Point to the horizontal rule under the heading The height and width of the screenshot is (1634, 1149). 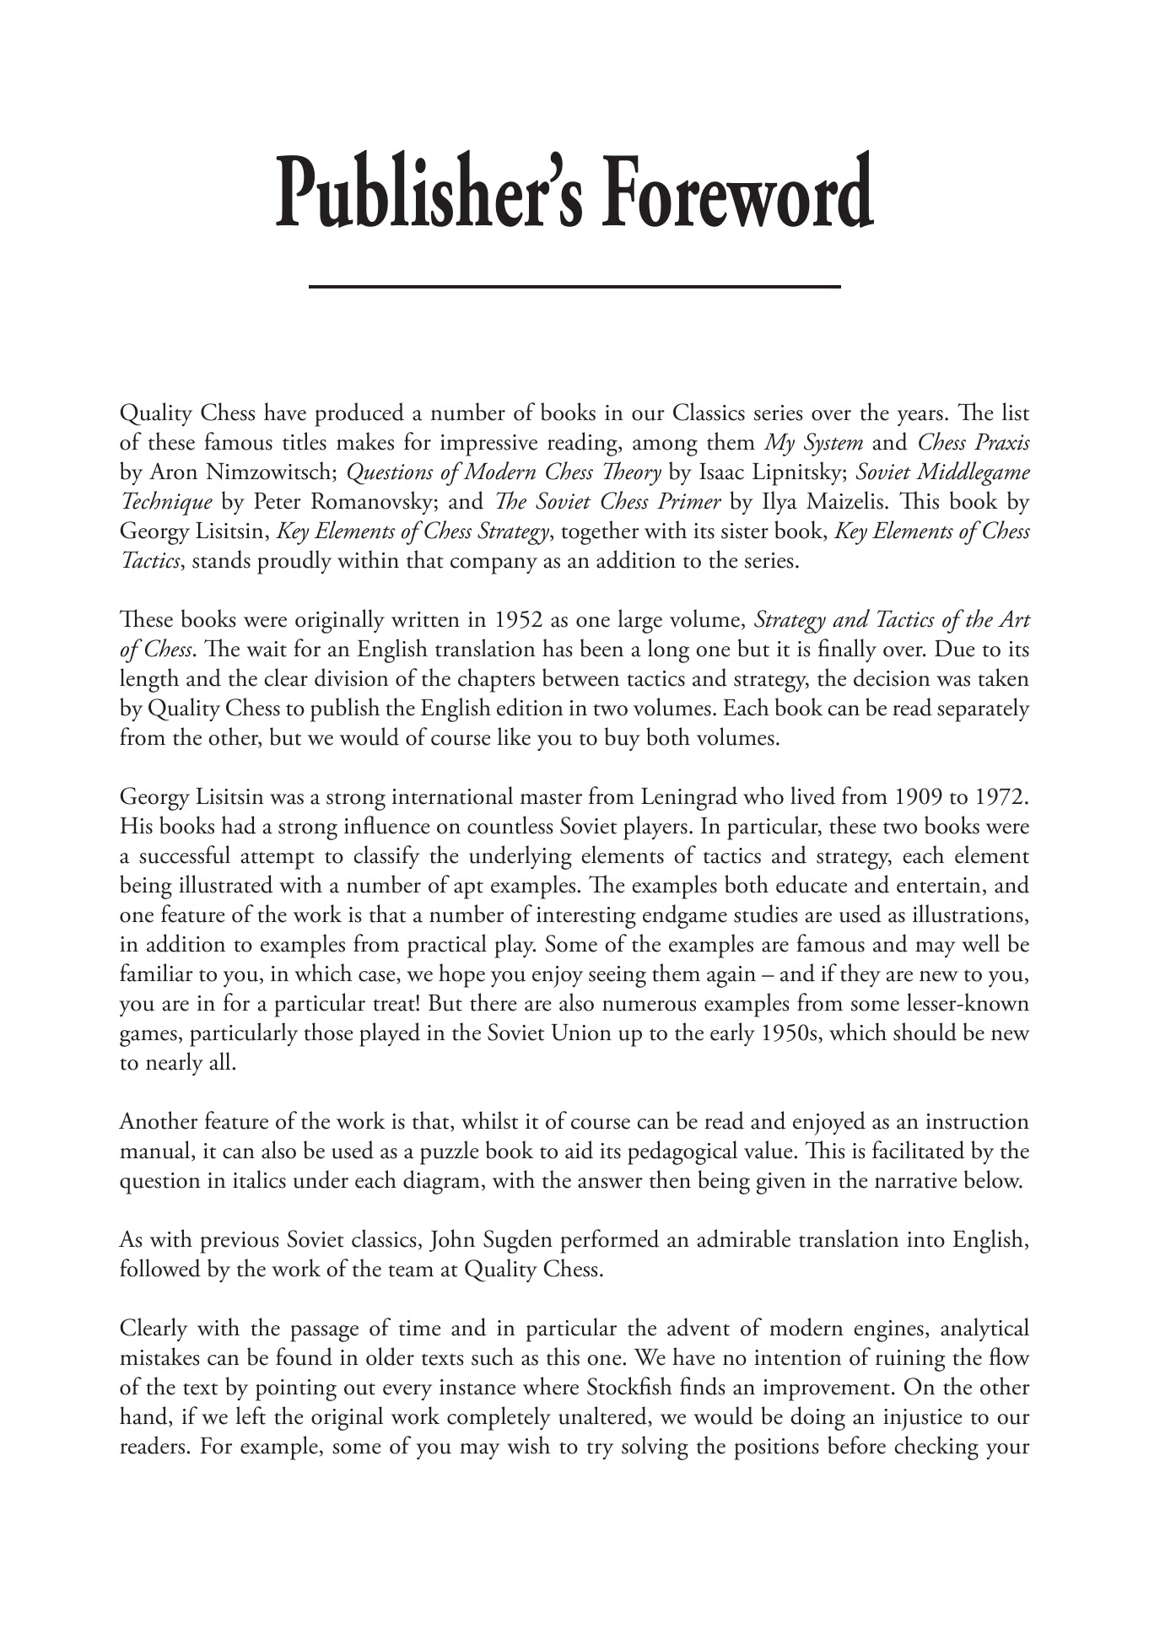[x=574, y=288]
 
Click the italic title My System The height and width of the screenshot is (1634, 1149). [x=813, y=443]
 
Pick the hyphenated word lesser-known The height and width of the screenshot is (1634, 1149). [x=968, y=1004]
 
